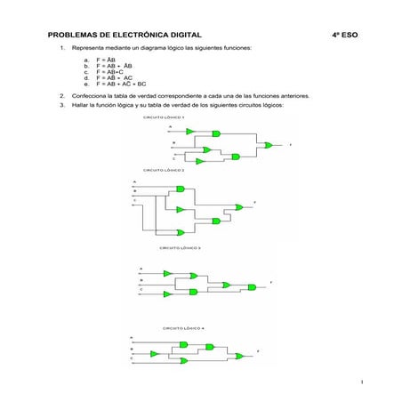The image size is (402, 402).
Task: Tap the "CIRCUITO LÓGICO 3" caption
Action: (x=180, y=247)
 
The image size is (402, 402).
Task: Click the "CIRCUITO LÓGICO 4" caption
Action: (x=183, y=327)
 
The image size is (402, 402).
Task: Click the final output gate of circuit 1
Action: (x=266, y=143)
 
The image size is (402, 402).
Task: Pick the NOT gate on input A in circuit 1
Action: (x=190, y=132)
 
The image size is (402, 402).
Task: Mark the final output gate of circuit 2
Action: (x=238, y=207)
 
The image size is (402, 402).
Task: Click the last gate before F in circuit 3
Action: (x=253, y=286)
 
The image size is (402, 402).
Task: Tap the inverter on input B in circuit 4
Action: (x=161, y=350)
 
